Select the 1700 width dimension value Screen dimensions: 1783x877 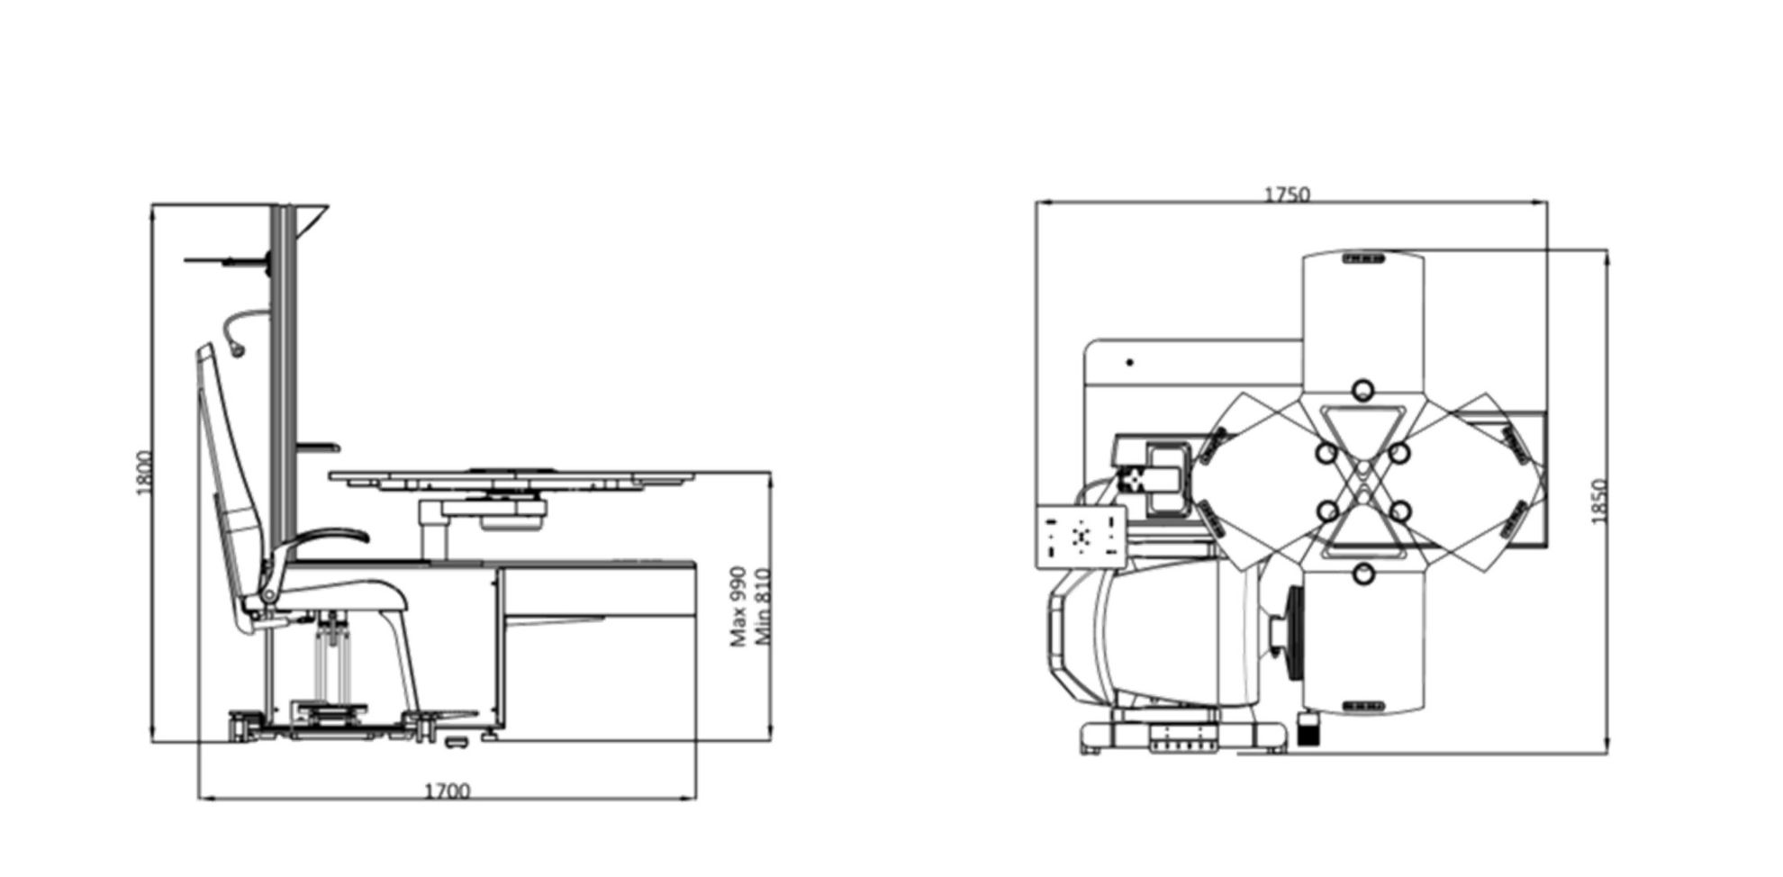tap(448, 791)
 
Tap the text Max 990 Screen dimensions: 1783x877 tap(738, 606)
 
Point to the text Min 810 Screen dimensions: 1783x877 tap(764, 606)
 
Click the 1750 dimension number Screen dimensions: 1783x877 tap(1287, 194)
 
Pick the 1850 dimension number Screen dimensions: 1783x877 tap(1599, 502)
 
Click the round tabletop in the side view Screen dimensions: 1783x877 tap(513, 476)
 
